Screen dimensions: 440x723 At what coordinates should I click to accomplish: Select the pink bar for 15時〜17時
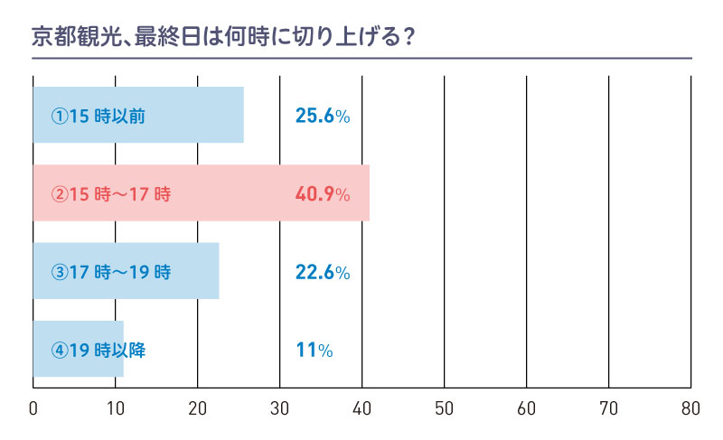coord(201,193)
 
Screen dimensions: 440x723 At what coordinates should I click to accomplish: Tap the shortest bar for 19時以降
coord(78,349)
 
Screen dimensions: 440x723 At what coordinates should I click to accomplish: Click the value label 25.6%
coord(322,116)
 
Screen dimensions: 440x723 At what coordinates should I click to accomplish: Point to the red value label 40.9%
coord(322,193)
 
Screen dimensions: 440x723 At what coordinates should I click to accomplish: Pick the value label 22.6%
coord(322,271)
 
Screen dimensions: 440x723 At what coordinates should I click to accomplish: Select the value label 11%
coord(314,350)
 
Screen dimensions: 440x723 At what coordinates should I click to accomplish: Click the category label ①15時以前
coord(98,116)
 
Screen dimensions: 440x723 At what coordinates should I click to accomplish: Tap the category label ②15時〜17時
coord(111,193)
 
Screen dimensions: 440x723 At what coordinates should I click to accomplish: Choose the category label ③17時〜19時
coord(111,271)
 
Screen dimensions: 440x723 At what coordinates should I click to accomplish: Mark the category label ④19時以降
coord(98,350)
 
